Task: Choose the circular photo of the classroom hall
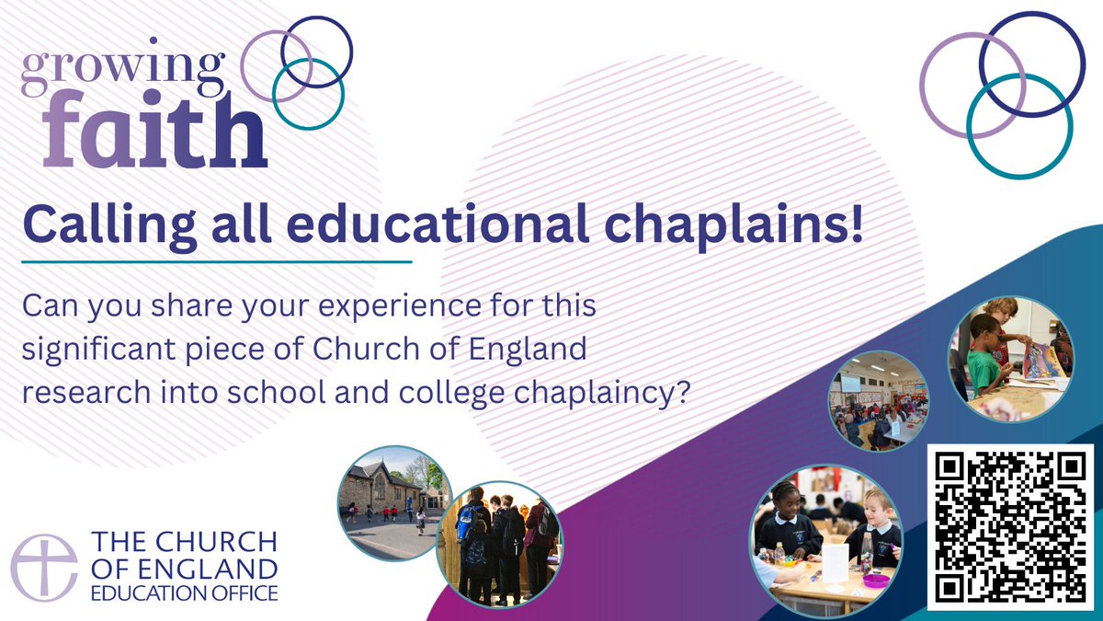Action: tap(877, 401)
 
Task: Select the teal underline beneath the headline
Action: tap(215, 262)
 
